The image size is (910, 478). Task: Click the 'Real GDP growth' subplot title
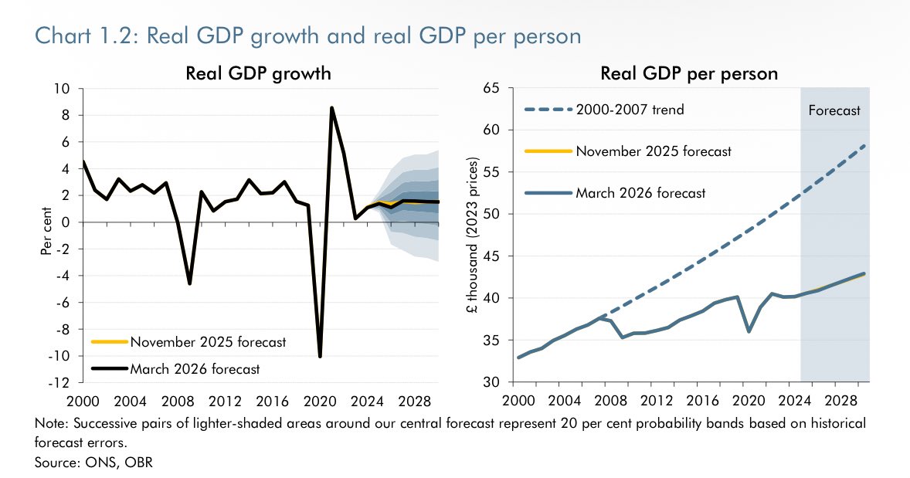coord(258,73)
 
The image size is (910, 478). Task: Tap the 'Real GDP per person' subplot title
coord(689,73)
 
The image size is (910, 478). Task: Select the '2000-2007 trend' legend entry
coord(630,110)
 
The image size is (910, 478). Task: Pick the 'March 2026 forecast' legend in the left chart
coord(195,369)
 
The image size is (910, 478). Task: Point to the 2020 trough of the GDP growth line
coord(320,356)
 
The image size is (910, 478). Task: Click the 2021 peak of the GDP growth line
coord(331,108)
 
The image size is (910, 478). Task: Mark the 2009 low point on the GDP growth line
coord(189,283)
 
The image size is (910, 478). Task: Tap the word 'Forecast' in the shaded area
coord(834,110)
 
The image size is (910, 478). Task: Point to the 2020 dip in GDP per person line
coord(748,331)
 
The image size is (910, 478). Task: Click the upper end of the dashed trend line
coord(865,145)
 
